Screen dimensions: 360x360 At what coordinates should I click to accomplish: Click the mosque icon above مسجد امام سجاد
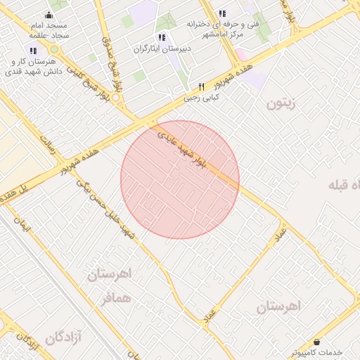coord(49,15)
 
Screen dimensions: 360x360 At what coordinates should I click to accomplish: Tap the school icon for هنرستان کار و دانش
coord(33,51)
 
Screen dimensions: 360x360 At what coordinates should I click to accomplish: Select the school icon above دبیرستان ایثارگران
coord(162,37)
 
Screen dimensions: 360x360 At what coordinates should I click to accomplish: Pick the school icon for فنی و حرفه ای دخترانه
coord(222,13)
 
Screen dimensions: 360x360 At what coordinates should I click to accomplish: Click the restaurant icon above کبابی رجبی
coord(201,87)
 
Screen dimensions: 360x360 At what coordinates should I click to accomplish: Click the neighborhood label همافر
coord(116,299)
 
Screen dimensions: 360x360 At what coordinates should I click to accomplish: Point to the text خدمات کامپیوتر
coord(316,352)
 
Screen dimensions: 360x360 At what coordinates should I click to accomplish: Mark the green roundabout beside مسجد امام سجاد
coord(55,51)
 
